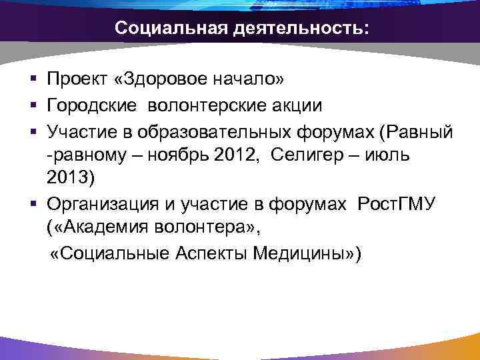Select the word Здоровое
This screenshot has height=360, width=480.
pyautogui.click(x=154, y=80)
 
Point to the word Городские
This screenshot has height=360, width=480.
pyautogui.click(x=90, y=105)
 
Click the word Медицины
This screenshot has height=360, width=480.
pyautogui.click(x=307, y=254)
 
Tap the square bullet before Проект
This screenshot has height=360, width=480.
pyautogui.click(x=33, y=81)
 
